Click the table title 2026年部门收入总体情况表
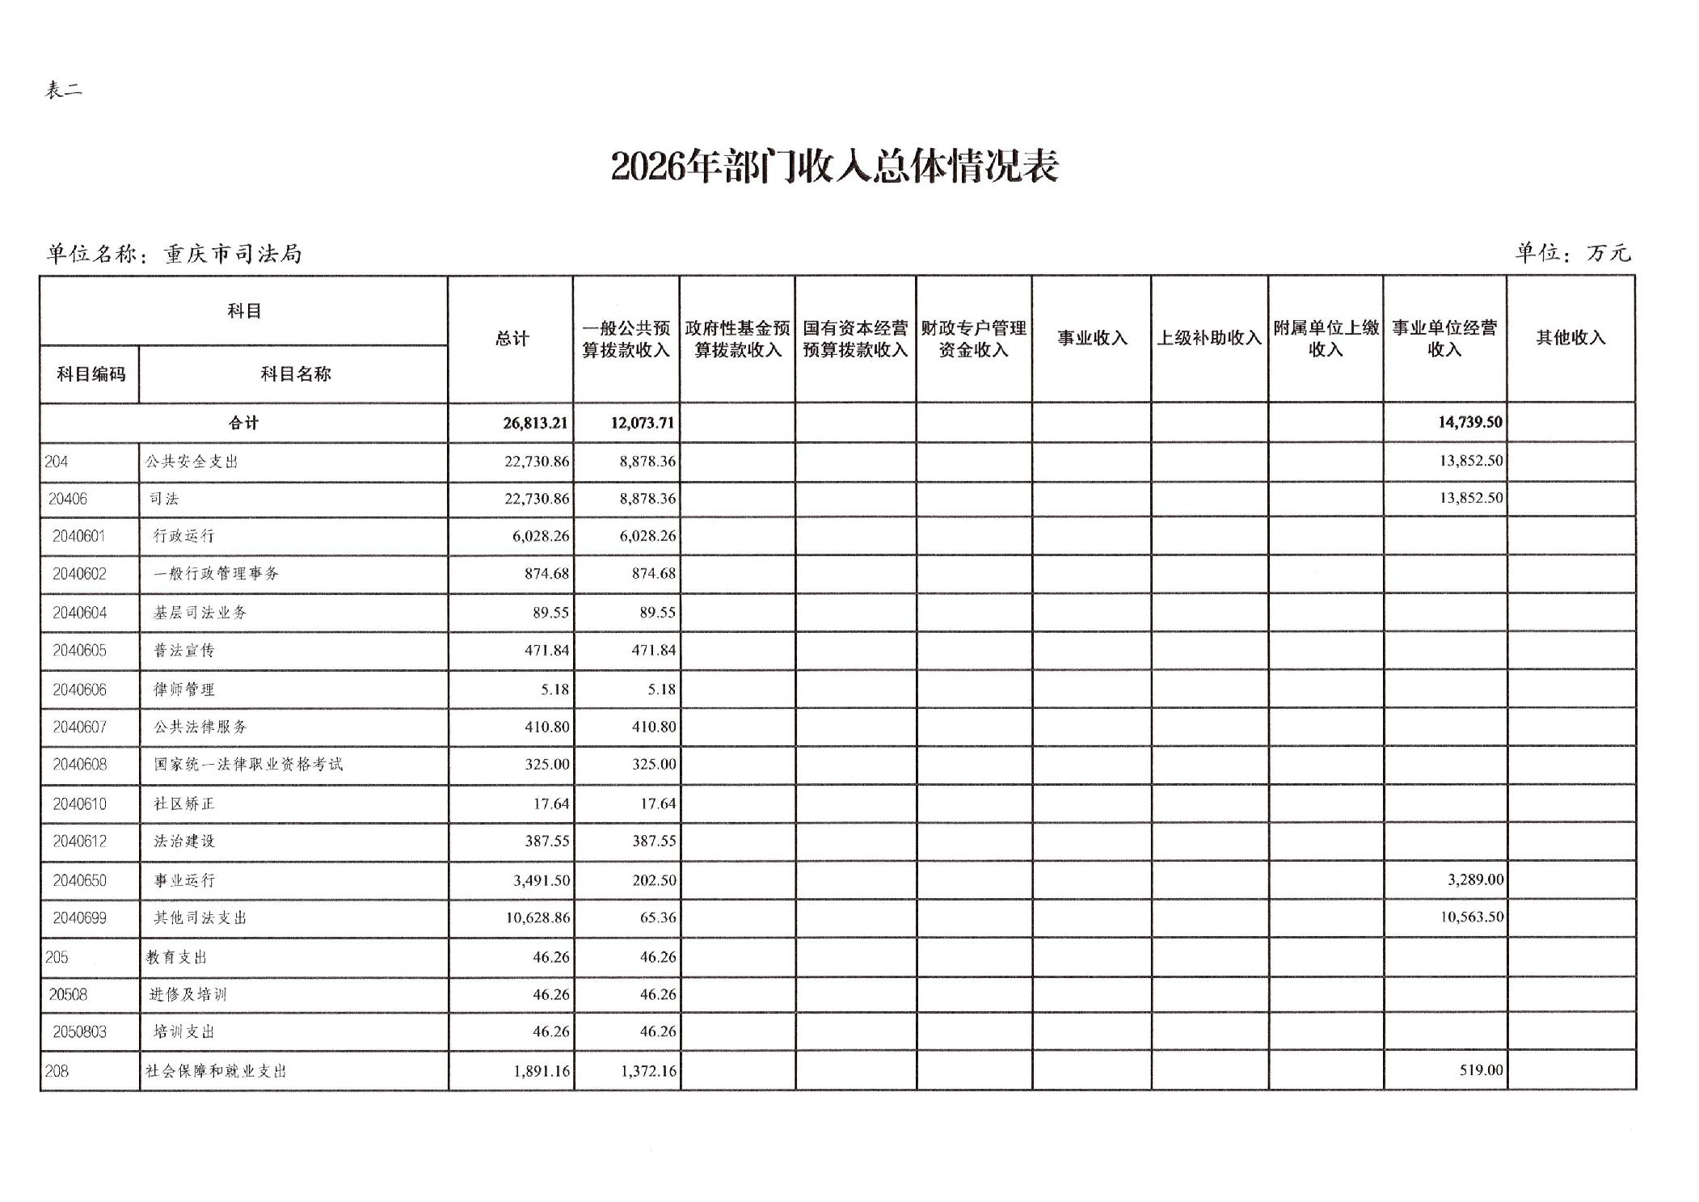(x=834, y=167)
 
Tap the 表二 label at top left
(x=63, y=90)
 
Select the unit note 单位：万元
(x=1572, y=253)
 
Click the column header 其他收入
(x=1570, y=338)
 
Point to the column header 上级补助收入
(x=1209, y=338)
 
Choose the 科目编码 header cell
(x=91, y=374)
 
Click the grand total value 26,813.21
(x=535, y=423)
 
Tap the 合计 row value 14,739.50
(x=1469, y=422)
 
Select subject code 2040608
(x=79, y=765)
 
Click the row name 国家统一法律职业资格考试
(x=248, y=765)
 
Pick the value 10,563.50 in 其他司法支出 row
(x=1471, y=917)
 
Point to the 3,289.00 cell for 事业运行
(x=1475, y=879)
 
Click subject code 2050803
(x=79, y=1032)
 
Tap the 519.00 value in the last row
(x=1481, y=1070)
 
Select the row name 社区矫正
(x=184, y=804)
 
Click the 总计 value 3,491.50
(x=541, y=880)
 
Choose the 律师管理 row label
(x=184, y=690)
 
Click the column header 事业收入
(x=1092, y=338)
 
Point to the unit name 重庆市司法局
(x=233, y=255)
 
